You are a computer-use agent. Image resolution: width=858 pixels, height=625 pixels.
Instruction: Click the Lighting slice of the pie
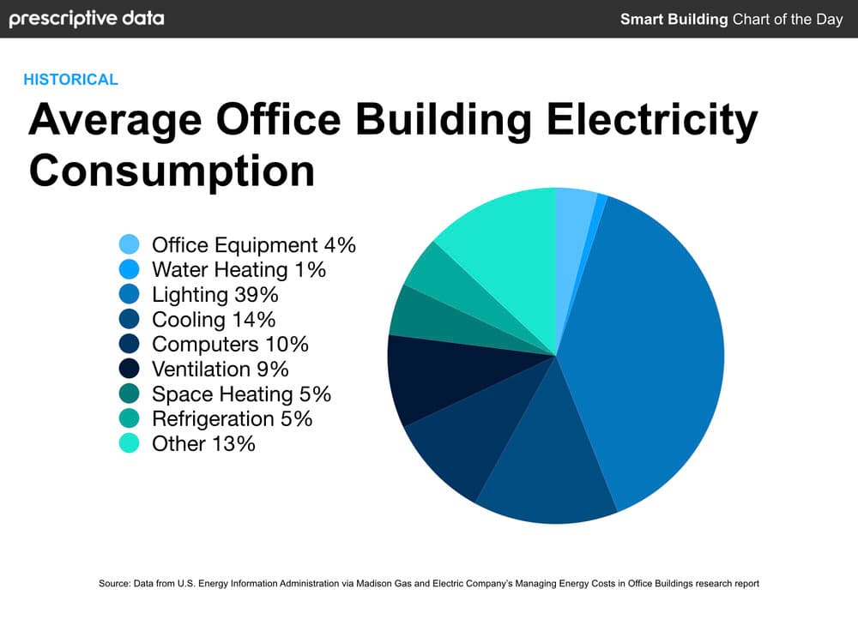[x=652, y=343]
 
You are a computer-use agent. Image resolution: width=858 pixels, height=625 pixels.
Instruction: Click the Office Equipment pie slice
[x=573, y=223]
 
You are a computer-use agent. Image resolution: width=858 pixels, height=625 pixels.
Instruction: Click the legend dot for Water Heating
[x=130, y=269]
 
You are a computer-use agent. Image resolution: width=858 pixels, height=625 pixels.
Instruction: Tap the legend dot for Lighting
[x=130, y=294]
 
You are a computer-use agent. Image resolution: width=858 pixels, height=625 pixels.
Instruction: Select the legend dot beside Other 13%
[x=130, y=443]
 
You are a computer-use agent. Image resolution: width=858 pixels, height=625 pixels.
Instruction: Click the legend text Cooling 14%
[x=214, y=320]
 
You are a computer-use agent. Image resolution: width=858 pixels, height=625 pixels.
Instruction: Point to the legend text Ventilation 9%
[x=220, y=370]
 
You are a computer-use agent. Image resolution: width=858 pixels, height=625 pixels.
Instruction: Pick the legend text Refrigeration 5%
[x=232, y=418]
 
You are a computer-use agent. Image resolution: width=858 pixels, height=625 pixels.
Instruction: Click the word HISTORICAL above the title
[x=70, y=80]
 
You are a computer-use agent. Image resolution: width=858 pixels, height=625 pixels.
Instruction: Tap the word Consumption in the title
[x=172, y=170]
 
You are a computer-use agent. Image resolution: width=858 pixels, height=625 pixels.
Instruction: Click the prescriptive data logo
[x=86, y=18]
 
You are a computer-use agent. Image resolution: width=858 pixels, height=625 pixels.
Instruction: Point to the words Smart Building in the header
[x=674, y=19]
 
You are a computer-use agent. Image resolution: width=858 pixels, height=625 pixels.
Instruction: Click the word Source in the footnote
[x=113, y=584]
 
